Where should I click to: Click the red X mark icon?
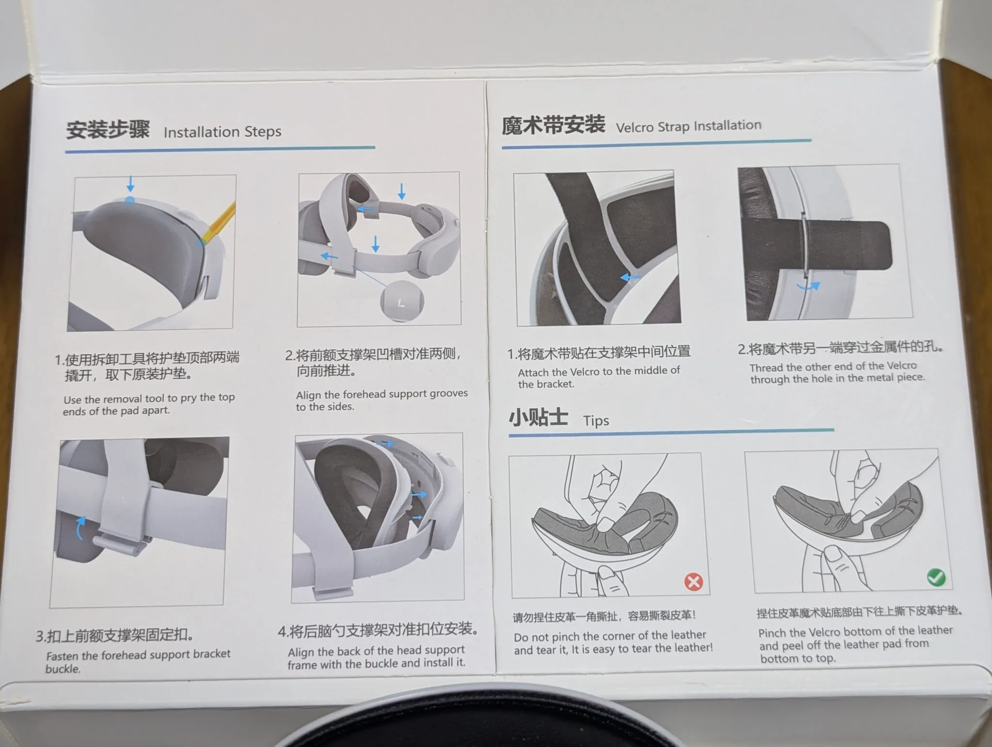coord(694,581)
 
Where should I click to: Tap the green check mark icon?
coord(936,577)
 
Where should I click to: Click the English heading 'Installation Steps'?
coord(222,132)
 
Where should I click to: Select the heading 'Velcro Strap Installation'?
coord(688,126)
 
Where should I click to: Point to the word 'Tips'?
coord(596,420)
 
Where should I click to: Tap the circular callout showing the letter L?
coord(402,301)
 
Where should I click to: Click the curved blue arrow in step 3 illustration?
coord(80,528)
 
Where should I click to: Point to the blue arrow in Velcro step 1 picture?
coord(630,278)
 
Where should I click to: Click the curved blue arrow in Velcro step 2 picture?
coord(808,287)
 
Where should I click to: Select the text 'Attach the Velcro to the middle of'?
coord(599,372)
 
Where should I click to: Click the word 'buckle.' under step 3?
coord(63,669)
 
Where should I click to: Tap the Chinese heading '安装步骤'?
coord(108,130)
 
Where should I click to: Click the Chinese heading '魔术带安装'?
coord(553,125)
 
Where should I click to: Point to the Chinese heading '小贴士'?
coord(538,417)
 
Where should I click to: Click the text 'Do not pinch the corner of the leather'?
coord(610,636)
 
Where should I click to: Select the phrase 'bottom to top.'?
coord(797,658)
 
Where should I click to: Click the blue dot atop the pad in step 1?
coord(129,200)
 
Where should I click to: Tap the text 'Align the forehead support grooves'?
coord(382,394)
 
